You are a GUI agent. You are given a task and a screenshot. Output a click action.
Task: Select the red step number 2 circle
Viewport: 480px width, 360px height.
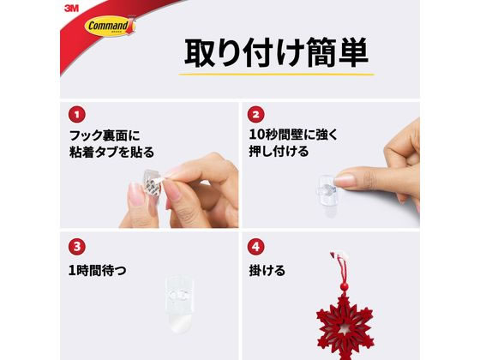[256, 113]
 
